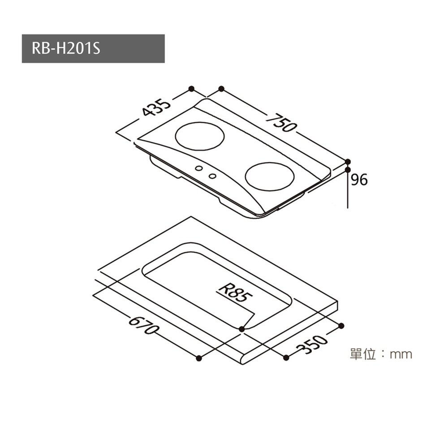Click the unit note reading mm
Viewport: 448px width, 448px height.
coord(401,354)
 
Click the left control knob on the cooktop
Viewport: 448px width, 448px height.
coord(198,168)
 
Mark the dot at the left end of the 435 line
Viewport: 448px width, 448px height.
coord(191,88)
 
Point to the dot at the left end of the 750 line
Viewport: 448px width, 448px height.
coord(221,89)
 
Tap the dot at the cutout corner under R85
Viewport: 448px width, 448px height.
coord(242,329)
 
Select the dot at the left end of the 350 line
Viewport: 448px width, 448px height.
coord(286,357)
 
